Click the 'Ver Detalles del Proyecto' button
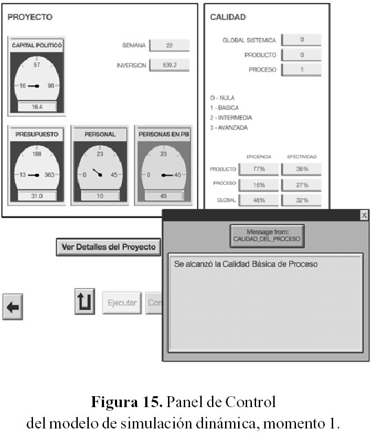tap(108, 247)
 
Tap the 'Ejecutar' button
tap(122, 303)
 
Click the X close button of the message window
tap(364, 215)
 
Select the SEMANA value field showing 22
tap(169, 45)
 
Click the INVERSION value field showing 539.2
tap(169, 65)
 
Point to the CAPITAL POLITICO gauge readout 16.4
tap(37, 107)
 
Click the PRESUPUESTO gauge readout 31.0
tap(37, 196)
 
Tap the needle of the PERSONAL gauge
tap(97, 172)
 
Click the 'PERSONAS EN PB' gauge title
tap(164, 134)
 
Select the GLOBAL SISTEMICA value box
tap(301, 40)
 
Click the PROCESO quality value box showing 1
tap(301, 69)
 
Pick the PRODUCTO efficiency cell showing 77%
tap(259, 169)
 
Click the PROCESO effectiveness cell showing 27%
tap(301, 185)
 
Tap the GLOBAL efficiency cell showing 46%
tap(259, 200)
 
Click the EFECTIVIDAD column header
tap(301, 157)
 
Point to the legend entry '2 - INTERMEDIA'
tap(231, 118)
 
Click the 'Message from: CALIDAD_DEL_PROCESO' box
tap(267, 236)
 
